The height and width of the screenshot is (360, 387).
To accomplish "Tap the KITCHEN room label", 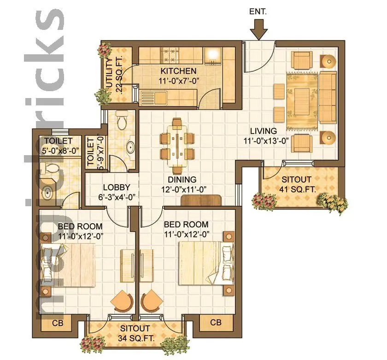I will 178,71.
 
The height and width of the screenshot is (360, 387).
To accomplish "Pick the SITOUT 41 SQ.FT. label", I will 296,179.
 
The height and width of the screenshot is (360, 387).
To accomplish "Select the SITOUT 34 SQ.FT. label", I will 135,329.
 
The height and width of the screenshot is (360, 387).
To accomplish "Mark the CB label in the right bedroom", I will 216,323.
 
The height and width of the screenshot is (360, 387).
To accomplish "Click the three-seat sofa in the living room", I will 328,98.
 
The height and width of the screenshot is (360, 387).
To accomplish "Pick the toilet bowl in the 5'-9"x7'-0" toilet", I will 123,122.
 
